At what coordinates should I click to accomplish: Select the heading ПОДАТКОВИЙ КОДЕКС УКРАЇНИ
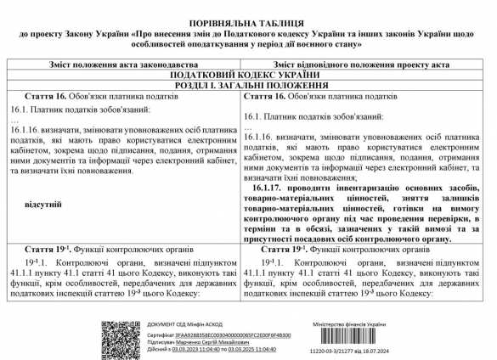[x=247, y=74]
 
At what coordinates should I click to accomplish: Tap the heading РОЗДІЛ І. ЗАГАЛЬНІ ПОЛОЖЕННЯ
[x=247, y=85]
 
